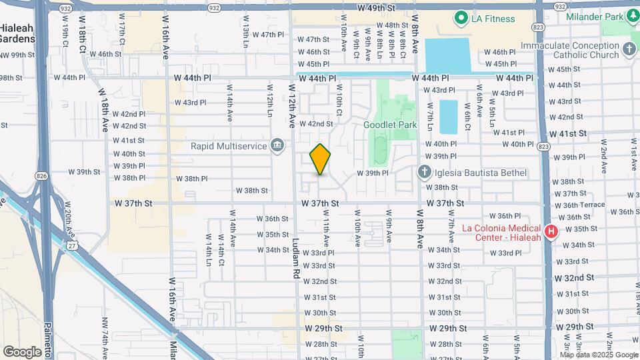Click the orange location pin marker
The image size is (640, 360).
click(x=320, y=159)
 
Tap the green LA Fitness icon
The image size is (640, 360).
click(x=460, y=17)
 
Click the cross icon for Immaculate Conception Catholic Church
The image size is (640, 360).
click(x=629, y=49)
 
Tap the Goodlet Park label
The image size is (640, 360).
click(x=389, y=125)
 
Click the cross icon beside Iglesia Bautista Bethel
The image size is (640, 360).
click(x=425, y=173)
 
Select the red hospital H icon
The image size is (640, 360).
click(x=551, y=232)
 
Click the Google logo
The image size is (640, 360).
click(x=22, y=351)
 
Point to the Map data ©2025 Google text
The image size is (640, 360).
click(x=598, y=355)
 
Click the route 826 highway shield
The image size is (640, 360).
click(x=42, y=176)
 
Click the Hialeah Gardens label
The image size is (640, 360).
click(x=17, y=33)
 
